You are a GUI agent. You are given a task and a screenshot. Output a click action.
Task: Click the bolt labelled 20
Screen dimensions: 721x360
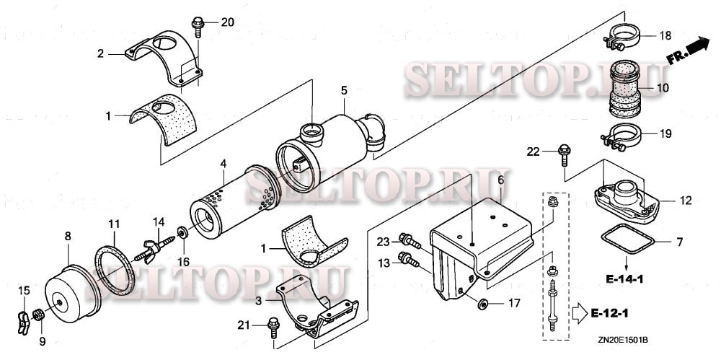pos(198,27)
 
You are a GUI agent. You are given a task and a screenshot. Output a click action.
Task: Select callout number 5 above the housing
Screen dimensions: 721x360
pos(344,90)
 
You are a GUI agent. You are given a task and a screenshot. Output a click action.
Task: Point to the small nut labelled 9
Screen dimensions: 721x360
pos(39,315)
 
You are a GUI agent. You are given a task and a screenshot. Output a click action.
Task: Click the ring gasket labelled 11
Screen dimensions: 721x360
pos(115,269)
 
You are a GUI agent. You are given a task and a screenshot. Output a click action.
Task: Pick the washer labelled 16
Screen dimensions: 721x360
pos(182,232)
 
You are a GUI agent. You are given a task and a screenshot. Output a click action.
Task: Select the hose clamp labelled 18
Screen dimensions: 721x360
pos(622,37)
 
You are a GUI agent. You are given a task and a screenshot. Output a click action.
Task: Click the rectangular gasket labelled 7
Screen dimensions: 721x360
pos(628,239)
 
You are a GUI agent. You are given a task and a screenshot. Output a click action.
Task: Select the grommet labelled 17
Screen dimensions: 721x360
pos(482,304)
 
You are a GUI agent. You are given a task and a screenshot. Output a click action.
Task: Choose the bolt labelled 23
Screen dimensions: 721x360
pos(410,240)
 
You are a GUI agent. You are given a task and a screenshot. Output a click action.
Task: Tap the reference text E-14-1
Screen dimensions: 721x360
pos(624,278)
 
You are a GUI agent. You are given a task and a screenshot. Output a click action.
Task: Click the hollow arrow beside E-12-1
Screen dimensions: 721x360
pos(579,314)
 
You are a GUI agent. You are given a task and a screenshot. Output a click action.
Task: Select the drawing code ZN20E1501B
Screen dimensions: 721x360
pos(623,340)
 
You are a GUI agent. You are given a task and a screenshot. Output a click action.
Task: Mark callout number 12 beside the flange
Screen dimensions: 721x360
pos(686,201)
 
